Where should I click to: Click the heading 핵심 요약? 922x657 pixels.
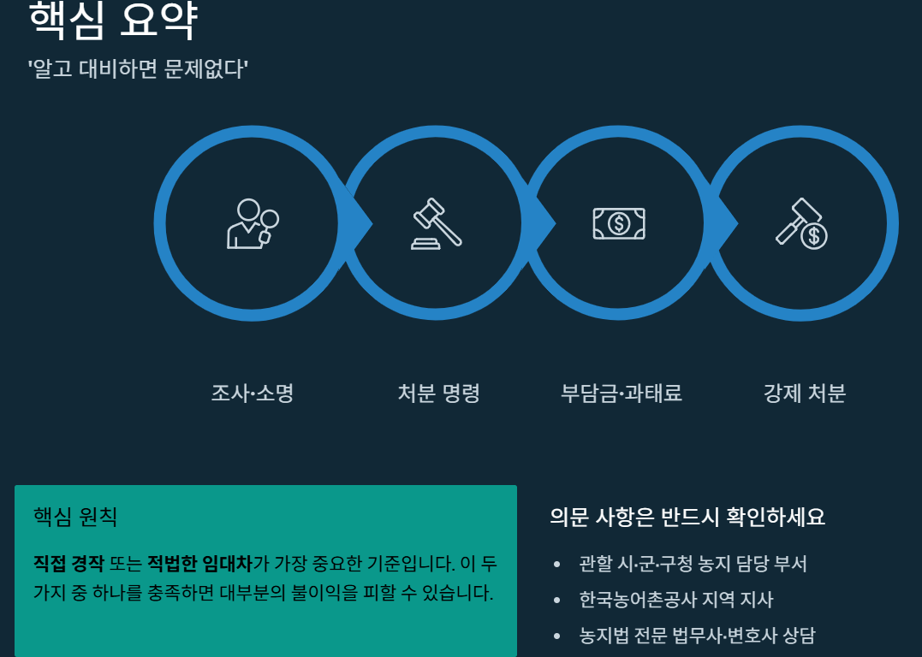coord(113,21)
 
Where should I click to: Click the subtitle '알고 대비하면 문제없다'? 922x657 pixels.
coord(138,68)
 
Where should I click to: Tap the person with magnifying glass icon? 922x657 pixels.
coord(253,223)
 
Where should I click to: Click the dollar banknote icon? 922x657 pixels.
coord(619,223)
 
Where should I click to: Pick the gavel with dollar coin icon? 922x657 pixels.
coord(802,223)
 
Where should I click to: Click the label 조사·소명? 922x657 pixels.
coord(253,394)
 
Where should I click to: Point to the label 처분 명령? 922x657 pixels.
coord(438,394)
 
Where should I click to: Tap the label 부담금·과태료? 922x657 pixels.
coord(621,394)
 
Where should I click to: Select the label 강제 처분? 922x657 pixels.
coord(804,394)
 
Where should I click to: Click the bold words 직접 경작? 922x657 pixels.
coord(68,564)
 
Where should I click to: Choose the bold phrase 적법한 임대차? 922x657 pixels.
coord(199,564)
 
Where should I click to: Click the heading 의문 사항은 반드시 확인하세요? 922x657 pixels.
coord(687,518)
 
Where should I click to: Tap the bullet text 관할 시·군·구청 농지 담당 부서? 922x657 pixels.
coord(693,564)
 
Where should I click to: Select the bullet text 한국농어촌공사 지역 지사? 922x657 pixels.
coord(675,600)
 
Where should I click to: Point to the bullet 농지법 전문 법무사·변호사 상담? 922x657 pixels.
coord(697,636)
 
